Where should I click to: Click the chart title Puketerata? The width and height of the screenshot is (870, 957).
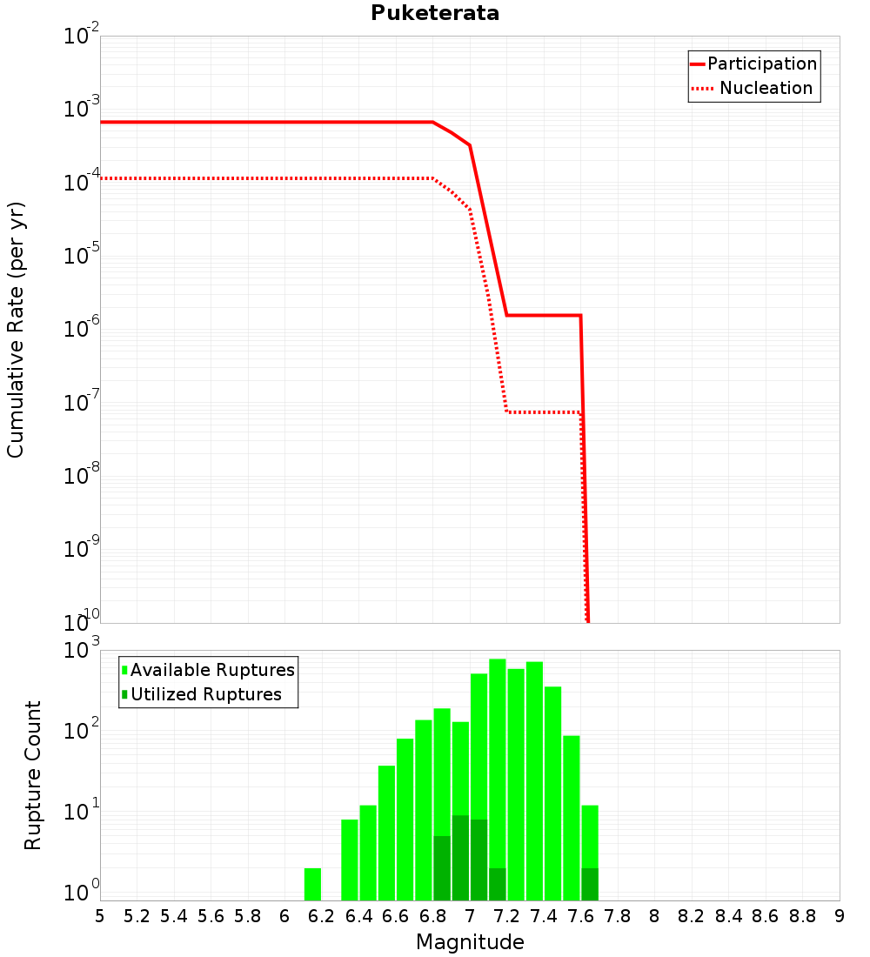coord(435,14)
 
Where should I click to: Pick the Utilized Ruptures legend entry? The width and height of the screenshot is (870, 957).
coord(205,694)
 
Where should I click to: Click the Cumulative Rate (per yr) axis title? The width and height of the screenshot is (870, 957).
coord(16,330)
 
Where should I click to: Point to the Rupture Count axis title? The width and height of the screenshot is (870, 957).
coord(33,775)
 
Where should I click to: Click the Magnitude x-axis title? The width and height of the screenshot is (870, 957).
coord(470,942)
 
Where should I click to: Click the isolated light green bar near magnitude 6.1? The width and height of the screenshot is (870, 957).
coord(312,884)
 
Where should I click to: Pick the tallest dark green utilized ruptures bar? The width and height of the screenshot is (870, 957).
coord(460,857)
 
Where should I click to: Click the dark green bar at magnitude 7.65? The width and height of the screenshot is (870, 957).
coord(590,884)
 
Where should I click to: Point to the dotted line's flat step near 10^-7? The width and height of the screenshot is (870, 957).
coord(544,412)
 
